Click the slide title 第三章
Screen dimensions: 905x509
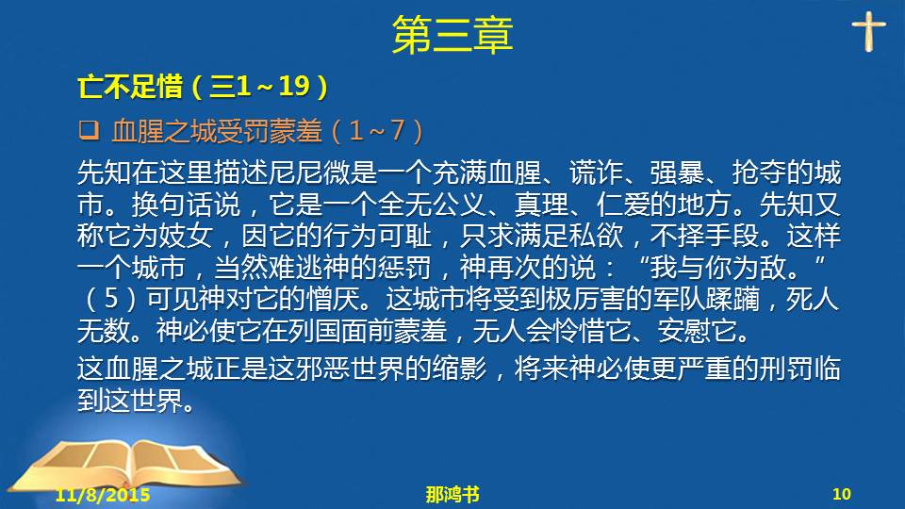452,35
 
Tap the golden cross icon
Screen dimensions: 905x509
868,31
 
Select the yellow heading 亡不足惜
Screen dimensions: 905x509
130,87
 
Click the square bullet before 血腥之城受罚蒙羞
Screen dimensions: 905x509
89,130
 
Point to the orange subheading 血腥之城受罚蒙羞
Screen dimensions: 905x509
217,131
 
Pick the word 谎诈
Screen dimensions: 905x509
596,172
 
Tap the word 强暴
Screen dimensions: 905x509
678,172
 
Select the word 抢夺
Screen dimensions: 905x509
760,172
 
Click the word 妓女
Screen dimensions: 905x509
186,236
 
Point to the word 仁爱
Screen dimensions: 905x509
623,205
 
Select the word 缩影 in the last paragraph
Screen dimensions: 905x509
459,369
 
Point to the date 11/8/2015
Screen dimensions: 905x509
103,495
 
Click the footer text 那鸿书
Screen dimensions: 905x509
452,495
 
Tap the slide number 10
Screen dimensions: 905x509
842,494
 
